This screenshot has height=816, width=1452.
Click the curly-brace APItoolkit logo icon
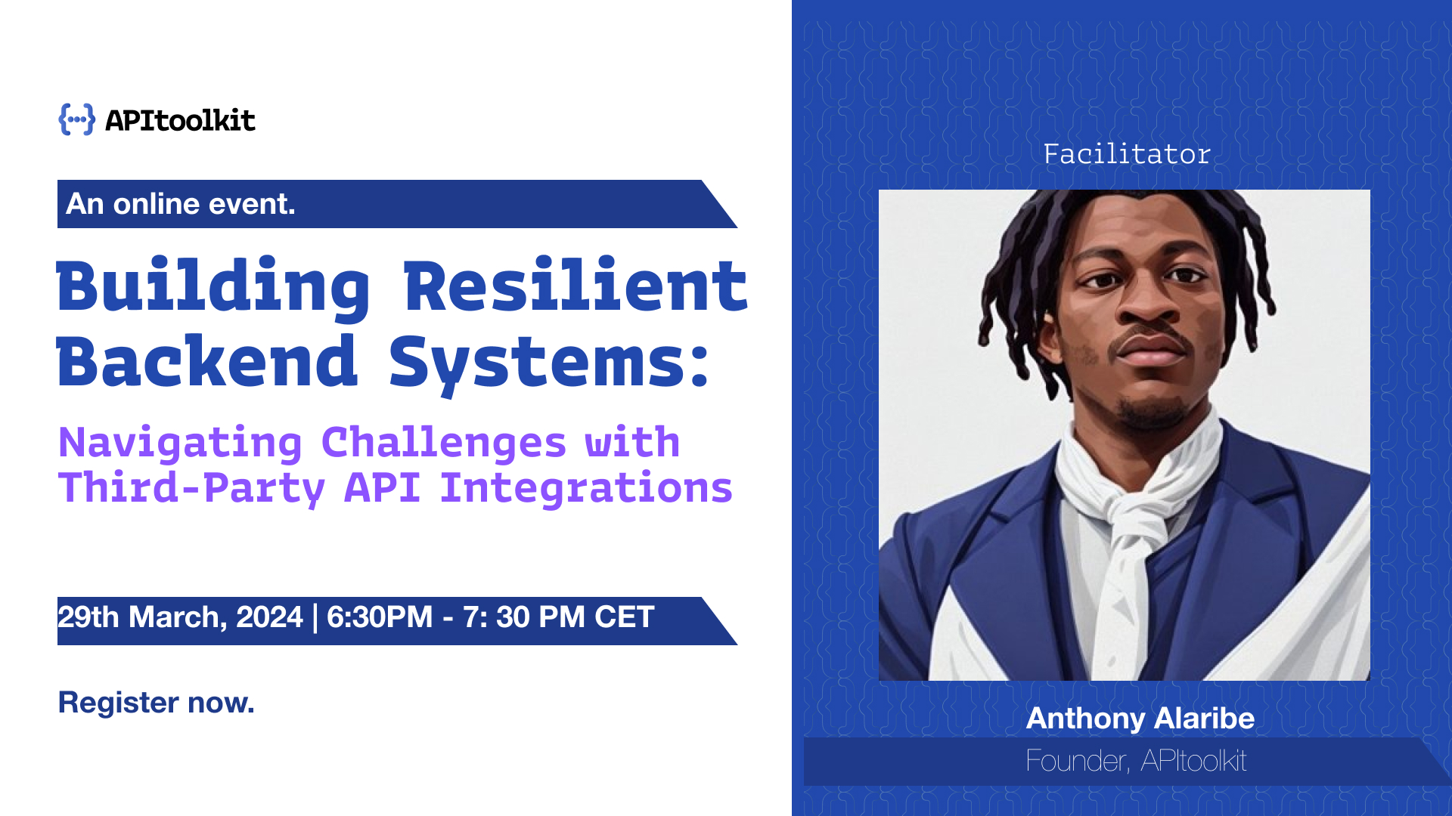coord(77,119)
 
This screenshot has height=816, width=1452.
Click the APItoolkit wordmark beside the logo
coord(180,121)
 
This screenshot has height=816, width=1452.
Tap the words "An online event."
coord(181,204)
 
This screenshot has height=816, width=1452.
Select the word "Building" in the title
coord(213,287)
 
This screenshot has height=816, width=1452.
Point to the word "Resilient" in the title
coord(576,287)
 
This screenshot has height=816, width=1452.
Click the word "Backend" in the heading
coord(206,363)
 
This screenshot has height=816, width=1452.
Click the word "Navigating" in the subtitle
coord(180,443)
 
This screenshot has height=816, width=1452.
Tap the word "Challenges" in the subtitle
coord(443,443)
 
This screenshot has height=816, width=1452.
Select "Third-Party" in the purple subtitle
coord(191,488)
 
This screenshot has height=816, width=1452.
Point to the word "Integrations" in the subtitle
coord(586,488)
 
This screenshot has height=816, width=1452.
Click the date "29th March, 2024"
coord(180,617)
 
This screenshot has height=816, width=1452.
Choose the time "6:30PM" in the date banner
coord(379,617)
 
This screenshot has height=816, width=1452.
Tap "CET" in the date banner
coord(624,617)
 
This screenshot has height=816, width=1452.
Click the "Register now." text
coord(156,703)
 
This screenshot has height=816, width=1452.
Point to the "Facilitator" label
coord(1127,154)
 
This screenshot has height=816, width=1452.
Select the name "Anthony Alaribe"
coord(1140,718)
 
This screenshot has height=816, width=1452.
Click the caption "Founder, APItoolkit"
coord(1136,761)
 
